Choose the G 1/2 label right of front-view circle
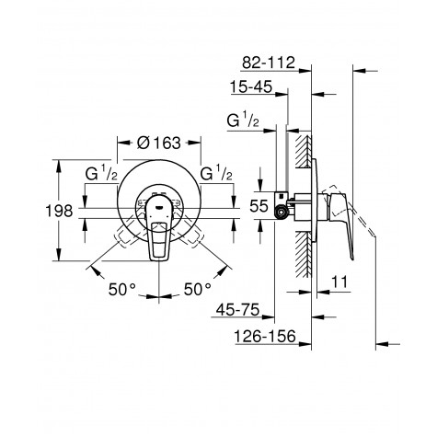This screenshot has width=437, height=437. click(219, 173)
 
